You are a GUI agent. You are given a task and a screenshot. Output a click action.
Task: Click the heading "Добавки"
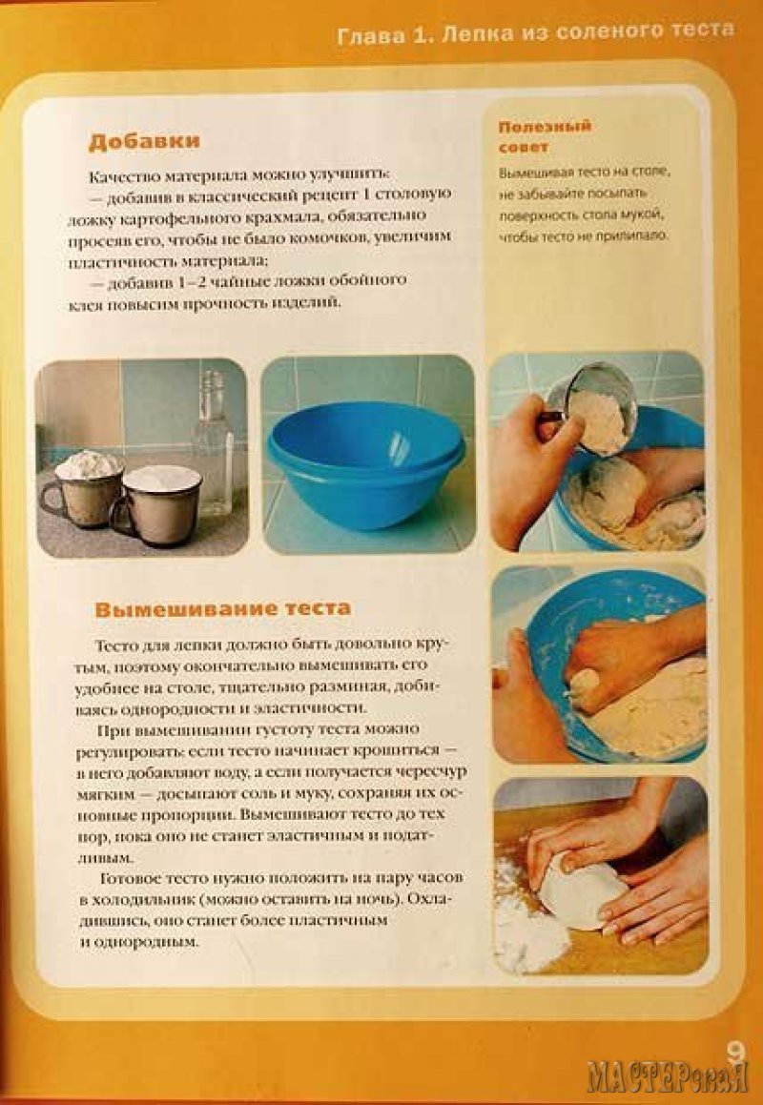tap(144, 141)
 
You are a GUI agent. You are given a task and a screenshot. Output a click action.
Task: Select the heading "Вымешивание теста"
tap(223, 609)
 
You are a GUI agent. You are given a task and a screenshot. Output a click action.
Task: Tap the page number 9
tap(734, 1053)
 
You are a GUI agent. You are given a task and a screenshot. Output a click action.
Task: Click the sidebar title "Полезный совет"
tap(545, 136)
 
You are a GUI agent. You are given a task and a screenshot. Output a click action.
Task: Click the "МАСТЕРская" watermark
tap(667, 1075)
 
